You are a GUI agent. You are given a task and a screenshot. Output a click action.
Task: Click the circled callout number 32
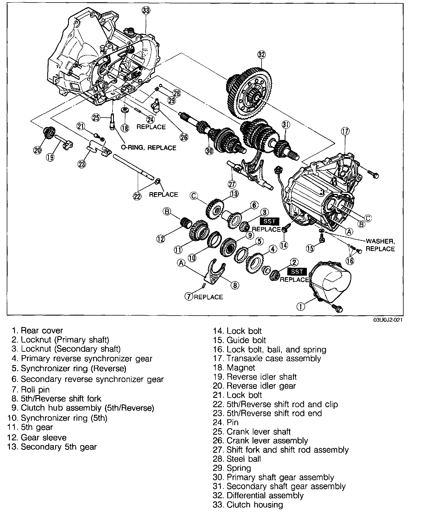click(x=262, y=55)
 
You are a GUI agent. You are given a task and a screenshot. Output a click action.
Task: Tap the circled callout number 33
click(x=146, y=11)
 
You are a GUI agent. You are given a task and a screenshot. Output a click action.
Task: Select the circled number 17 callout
click(x=345, y=131)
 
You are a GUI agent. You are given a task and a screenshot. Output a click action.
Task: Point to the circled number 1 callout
click(x=301, y=306)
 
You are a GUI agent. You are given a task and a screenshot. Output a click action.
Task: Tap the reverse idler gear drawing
click(x=49, y=133)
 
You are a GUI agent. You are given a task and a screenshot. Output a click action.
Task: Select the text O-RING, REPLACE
click(x=148, y=148)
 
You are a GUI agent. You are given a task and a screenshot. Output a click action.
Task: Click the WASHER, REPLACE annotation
click(x=380, y=245)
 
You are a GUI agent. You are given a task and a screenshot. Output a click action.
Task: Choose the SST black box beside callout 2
click(x=297, y=271)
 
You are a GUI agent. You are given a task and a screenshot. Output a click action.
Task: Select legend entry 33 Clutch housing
click(x=248, y=504)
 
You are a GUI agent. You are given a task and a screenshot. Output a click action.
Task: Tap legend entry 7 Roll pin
click(x=31, y=390)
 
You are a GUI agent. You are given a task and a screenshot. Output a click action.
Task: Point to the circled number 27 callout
click(x=232, y=184)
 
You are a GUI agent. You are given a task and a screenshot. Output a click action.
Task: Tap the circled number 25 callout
click(x=96, y=118)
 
